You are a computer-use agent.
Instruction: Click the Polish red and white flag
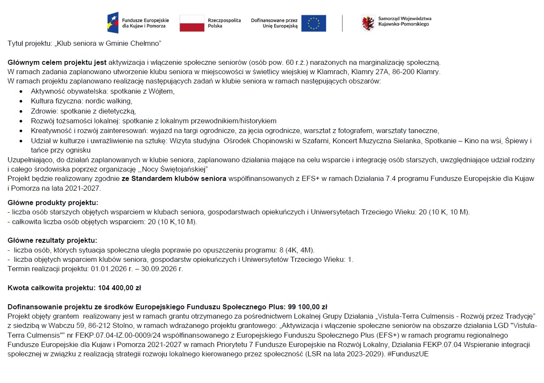192,23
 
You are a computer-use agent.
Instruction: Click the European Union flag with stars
314,23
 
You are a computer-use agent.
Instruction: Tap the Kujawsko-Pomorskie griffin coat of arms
368,23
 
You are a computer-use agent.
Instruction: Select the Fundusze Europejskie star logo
113,23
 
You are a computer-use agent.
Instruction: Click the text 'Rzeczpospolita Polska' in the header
224,23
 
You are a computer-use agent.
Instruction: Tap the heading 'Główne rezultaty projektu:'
53,241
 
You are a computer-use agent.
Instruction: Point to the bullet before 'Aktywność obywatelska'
22,91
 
